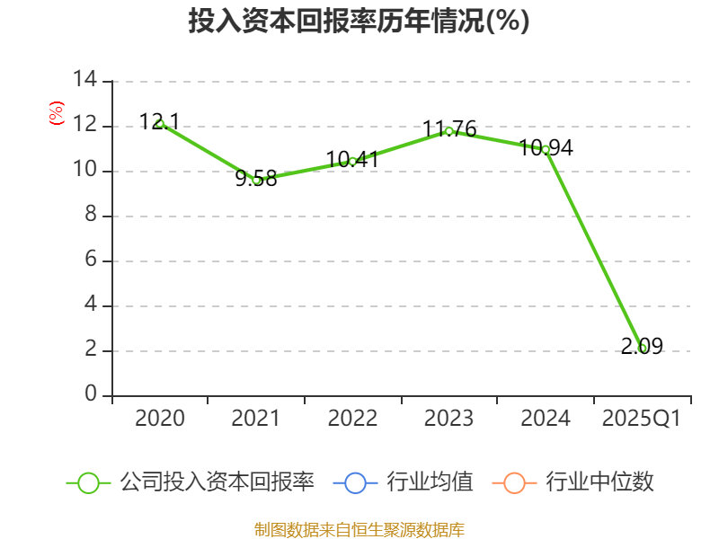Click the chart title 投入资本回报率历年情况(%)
tap(359, 22)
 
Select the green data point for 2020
tap(160, 123)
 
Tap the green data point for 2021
tap(256, 180)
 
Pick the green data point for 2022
tap(352, 162)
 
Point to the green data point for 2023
tap(448, 131)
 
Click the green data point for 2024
tap(546, 149)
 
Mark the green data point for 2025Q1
tap(642, 348)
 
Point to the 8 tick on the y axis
tap(90, 216)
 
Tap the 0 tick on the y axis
tap(90, 395)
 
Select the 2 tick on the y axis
tap(90, 350)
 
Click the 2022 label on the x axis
tap(352, 419)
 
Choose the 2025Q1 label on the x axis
tap(642, 419)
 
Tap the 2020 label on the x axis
tap(160, 419)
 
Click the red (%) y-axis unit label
tap(57, 113)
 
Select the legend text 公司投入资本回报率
tap(217, 482)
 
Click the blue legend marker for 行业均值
tap(355, 482)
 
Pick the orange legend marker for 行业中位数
tap(514, 482)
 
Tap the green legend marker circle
tap(88, 482)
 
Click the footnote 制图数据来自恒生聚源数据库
tap(359, 529)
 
